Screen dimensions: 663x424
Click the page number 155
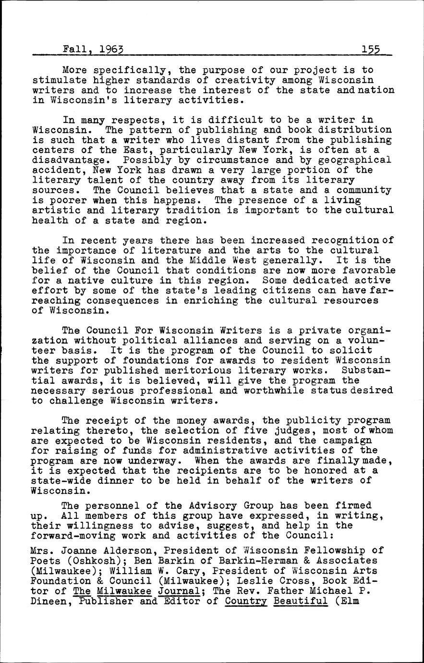(x=371, y=49)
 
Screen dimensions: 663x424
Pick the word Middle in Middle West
(x=227, y=261)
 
